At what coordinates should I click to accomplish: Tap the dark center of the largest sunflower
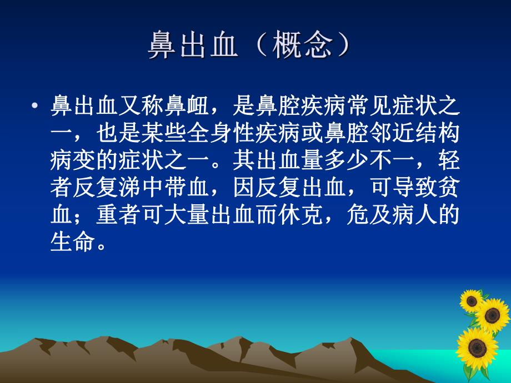476,349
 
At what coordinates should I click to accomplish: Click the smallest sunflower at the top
472,300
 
